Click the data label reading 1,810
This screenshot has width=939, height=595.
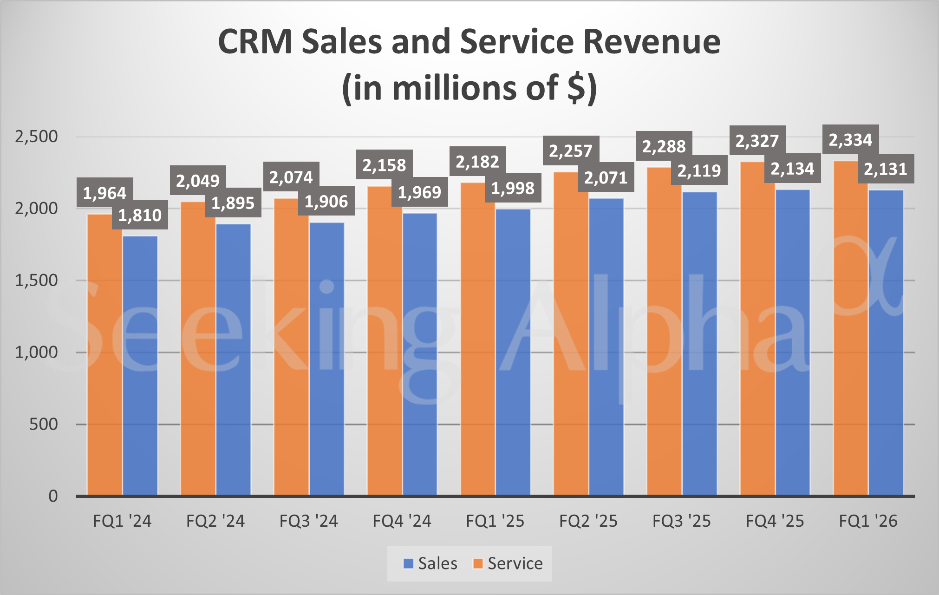140,216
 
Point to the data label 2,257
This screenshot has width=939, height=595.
571,151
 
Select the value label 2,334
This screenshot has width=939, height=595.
850,140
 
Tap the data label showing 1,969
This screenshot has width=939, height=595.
419,192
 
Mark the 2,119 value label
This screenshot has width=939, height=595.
699,171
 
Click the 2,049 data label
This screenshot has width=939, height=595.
198,181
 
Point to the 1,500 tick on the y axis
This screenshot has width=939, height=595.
36,281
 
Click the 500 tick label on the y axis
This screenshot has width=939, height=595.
43,424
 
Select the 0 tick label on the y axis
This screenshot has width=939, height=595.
53,496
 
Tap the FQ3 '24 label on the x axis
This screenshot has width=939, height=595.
308,521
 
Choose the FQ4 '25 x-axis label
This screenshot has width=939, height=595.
775,521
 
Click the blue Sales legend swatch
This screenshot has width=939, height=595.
408,563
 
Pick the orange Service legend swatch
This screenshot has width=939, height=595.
477,563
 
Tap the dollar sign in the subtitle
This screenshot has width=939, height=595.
576,88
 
